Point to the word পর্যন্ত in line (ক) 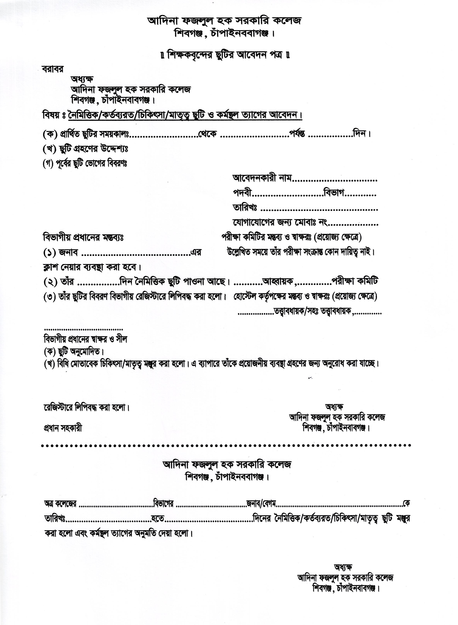(x=297, y=134)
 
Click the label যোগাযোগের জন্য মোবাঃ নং (x=280, y=222)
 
